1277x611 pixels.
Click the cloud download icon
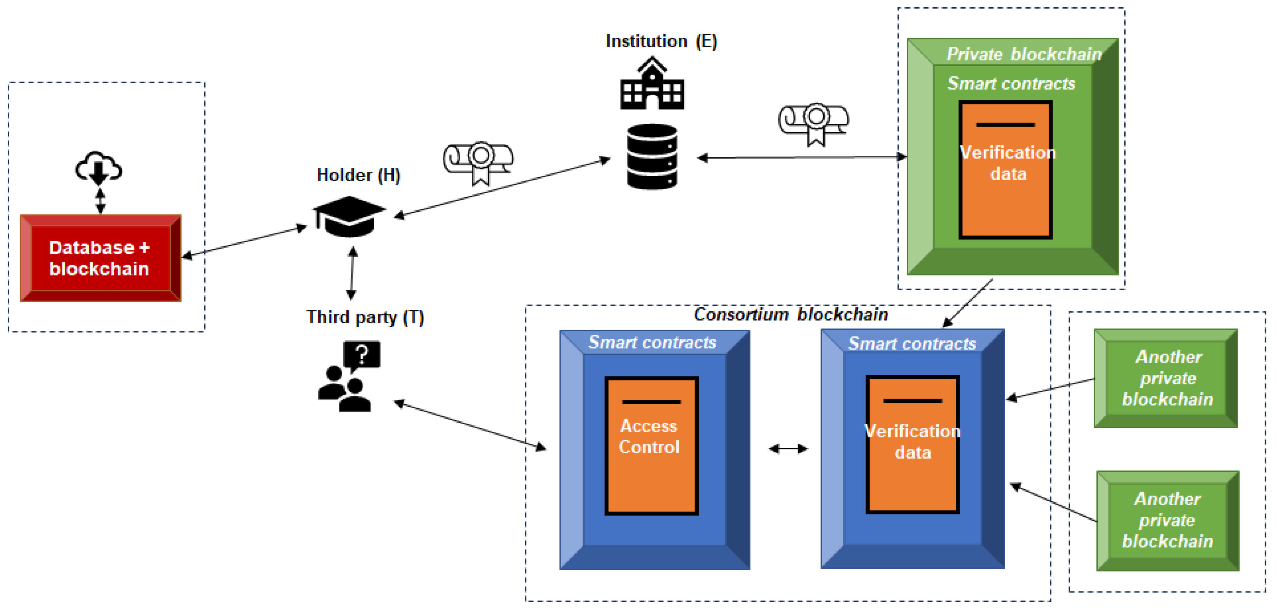(99, 168)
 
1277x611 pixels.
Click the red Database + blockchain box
(100, 258)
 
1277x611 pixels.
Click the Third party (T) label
(365, 317)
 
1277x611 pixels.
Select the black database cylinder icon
(652, 157)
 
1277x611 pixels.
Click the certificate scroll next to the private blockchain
(813, 123)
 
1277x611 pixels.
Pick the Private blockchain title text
(1024, 54)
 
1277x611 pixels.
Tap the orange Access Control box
(651, 445)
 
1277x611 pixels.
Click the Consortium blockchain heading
(791, 314)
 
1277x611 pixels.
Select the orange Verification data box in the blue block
(912, 444)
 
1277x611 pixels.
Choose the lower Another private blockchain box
(1167, 520)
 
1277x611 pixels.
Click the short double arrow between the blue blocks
(788, 449)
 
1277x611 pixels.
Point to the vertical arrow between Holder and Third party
(352, 273)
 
